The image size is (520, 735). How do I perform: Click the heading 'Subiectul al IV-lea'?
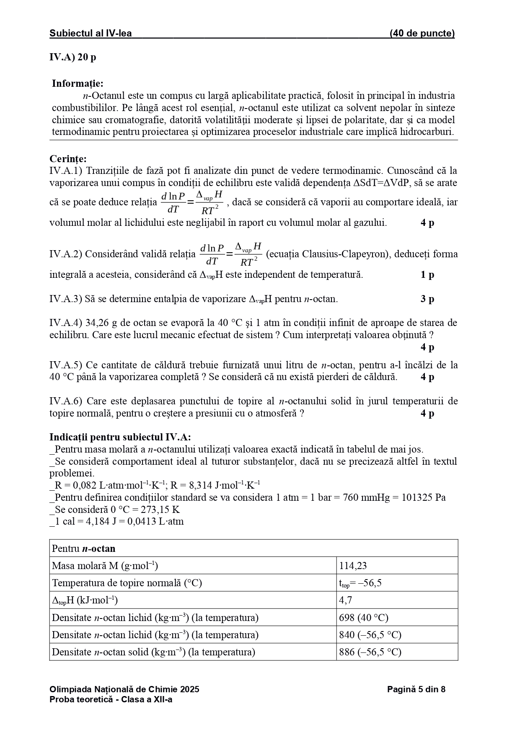coord(91,34)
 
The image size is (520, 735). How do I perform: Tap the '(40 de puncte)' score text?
coord(422,34)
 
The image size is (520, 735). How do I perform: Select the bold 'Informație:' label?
coord(78,83)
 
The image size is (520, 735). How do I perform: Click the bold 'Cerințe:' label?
coord(68,159)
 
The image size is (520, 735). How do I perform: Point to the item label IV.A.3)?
coord(66,299)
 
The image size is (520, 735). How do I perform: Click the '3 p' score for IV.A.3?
coord(427,299)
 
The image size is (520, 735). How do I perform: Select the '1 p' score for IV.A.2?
coord(427,275)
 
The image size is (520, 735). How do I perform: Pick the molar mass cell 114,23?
coord(353,566)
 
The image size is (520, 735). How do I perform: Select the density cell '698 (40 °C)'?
coord(363,618)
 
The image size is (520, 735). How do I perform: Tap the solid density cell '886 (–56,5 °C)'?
coord(370,652)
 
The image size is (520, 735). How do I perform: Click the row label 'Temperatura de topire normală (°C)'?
coord(127,583)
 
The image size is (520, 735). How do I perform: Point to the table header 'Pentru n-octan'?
coord(83,549)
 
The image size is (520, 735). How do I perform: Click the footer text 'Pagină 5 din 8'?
coord(416,689)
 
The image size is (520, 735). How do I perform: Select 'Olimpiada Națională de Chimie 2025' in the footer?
coord(124,689)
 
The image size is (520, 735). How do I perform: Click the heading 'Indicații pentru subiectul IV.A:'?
coord(120,437)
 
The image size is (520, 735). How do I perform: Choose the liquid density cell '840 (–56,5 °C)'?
coord(370,635)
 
